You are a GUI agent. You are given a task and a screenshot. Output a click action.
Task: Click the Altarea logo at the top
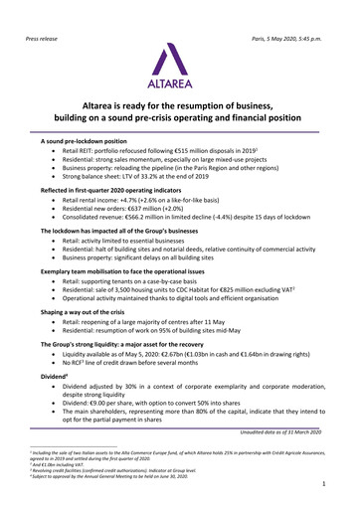tap(180, 59)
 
